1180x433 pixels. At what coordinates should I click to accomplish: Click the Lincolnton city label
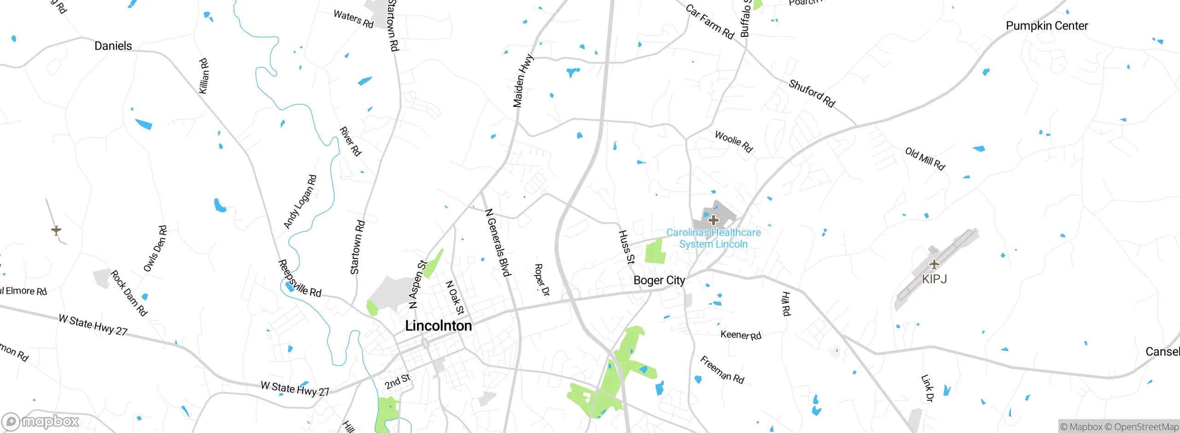point(438,326)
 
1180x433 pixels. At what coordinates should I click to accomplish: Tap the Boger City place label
point(659,280)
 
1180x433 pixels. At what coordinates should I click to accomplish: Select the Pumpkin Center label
point(1047,26)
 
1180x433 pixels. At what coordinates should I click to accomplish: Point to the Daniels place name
point(113,46)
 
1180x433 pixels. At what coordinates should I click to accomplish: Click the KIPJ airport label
point(934,279)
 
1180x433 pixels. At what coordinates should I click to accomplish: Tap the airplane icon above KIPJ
point(934,264)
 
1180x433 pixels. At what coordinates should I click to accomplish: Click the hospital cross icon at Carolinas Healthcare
point(714,220)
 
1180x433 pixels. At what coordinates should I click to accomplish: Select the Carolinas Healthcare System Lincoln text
point(714,238)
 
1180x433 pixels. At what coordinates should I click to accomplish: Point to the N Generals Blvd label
point(498,243)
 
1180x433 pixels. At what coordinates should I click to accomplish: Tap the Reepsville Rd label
point(300,279)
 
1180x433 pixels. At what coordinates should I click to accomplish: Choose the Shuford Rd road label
point(812,93)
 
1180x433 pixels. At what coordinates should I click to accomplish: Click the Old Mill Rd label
point(925,159)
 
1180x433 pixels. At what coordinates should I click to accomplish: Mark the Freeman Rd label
point(722,369)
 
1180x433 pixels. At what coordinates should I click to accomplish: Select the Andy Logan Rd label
point(300,202)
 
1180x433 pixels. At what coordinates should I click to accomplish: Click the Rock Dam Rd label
point(129,293)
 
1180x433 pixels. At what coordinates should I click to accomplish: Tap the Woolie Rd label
point(734,141)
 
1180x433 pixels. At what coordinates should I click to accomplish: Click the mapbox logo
point(41,421)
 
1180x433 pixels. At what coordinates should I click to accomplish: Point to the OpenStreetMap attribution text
point(1146,427)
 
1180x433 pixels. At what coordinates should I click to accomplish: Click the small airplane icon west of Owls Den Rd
point(56,230)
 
